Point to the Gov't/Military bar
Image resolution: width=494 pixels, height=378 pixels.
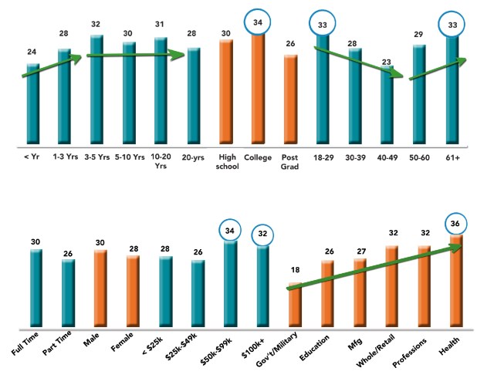click(x=295, y=304)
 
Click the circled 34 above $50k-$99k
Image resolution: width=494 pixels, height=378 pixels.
click(x=230, y=229)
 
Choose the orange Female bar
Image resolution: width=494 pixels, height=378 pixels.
click(x=133, y=290)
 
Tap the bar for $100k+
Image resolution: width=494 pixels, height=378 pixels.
click(x=262, y=285)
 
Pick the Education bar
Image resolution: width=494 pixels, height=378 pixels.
click(x=327, y=292)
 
